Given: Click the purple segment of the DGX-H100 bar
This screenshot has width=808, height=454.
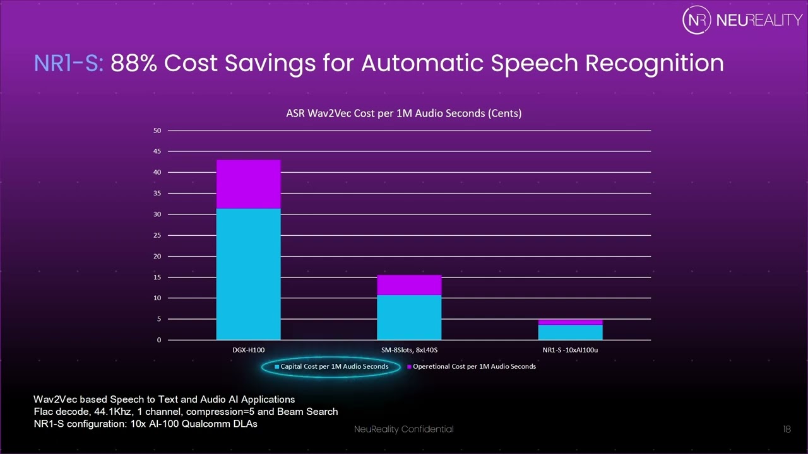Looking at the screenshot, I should click(x=248, y=184).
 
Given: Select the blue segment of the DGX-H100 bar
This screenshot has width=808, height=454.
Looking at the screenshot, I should click(x=248, y=274).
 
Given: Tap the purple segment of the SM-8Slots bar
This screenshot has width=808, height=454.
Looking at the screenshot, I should click(x=409, y=285).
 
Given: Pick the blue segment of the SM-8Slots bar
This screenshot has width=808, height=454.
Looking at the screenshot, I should click(x=409, y=318).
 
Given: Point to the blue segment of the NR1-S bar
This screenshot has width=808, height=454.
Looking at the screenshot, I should click(x=570, y=332).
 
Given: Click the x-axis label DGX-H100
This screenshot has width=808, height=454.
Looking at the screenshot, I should click(x=248, y=351).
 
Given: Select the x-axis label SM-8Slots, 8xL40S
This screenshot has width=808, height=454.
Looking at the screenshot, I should click(x=409, y=351).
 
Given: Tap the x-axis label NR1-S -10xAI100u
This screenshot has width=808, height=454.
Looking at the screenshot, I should click(x=570, y=351).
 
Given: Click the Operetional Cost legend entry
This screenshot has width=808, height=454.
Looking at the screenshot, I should click(x=473, y=366).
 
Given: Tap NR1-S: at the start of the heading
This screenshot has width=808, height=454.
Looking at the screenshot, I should click(x=69, y=63).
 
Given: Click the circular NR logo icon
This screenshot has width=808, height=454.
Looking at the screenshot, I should click(x=697, y=20).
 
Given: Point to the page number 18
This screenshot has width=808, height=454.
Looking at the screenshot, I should click(x=787, y=429).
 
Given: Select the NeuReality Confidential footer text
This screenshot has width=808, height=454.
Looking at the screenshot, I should click(x=403, y=429).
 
